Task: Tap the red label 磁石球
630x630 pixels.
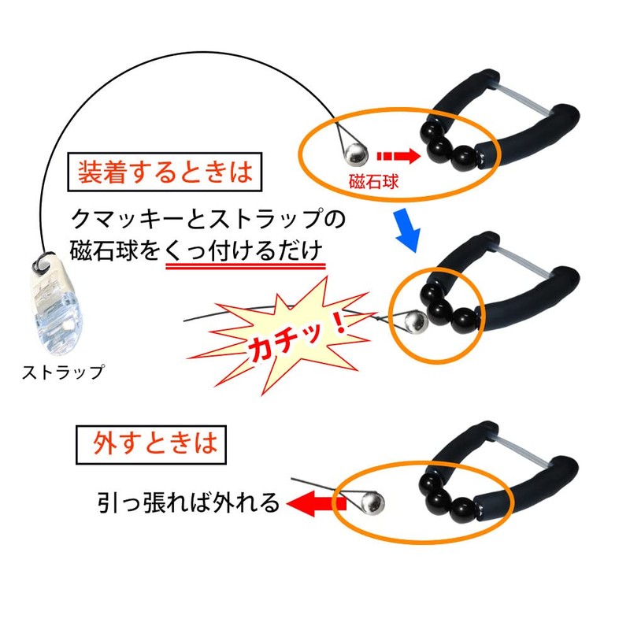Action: [374, 183]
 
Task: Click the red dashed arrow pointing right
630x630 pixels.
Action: [398, 155]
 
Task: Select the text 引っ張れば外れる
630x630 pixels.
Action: [189, 503]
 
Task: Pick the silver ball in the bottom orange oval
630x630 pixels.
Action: [369, 501]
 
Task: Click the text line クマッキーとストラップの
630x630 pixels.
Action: [208, 218]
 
